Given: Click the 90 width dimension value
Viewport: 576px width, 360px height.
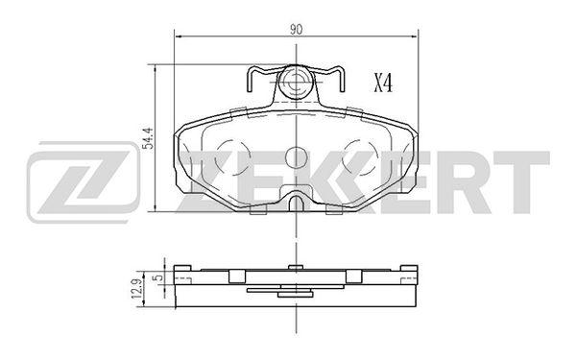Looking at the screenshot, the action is (x=296, y=30).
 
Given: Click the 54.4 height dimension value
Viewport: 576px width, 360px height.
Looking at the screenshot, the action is (x=147, y=138).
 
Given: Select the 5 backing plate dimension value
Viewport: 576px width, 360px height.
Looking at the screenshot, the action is (x=159, y=277).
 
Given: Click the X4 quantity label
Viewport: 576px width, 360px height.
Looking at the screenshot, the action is (x=383, y=83).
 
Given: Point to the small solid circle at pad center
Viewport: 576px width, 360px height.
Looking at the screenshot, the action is (x=296, y=157).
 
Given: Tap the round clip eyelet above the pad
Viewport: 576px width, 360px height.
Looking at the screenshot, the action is (x=296, y=83).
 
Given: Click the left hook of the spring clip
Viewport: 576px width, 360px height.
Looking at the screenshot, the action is (x=250, y=79).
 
